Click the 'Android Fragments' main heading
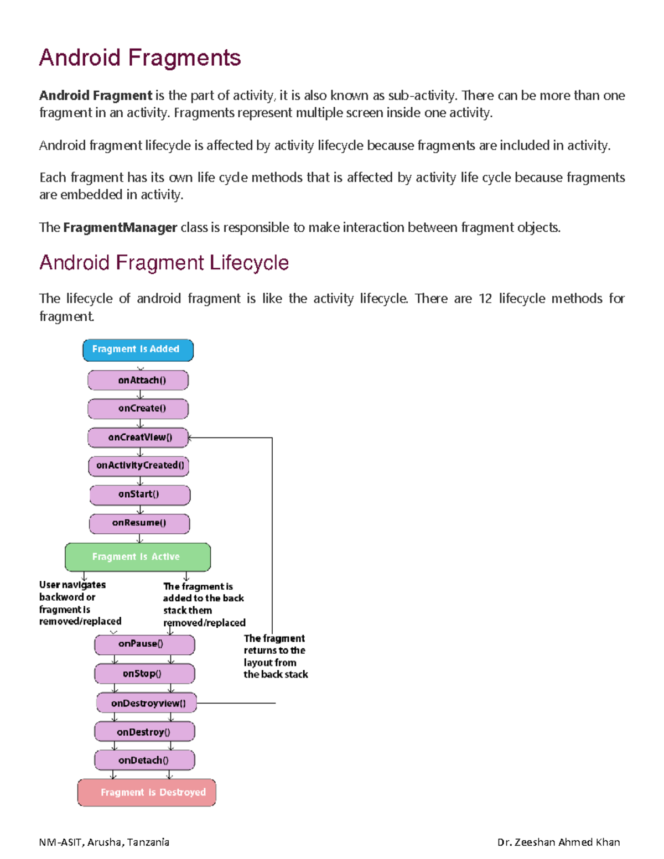(139, 58)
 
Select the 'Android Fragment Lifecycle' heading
(164, 262)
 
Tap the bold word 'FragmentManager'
(120, 227)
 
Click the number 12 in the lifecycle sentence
(485, 299)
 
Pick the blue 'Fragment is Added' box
(138, 350)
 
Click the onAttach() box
(138, 381)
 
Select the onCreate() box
(138, 409)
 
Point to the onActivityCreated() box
(139, 466)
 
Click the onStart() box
(139, 494)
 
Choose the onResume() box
(139, 523)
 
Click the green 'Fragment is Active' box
(137, 557)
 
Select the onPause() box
(144, 644)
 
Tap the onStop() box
(144, 674)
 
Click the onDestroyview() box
(147, 703)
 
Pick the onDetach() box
(144, 761)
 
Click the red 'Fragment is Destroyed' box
(147, 793)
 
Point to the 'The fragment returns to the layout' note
(276, 657)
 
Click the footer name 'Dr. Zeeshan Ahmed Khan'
(558, 842)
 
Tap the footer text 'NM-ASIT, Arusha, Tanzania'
(104, 842)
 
